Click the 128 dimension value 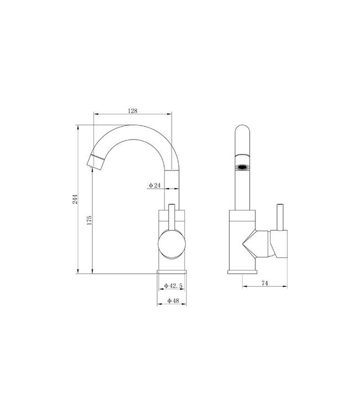click(132, 111)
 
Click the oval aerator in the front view click(241, 165)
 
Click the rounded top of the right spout click(241, 133)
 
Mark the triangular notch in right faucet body click(252, 243)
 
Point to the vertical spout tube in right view click(241, 188)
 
